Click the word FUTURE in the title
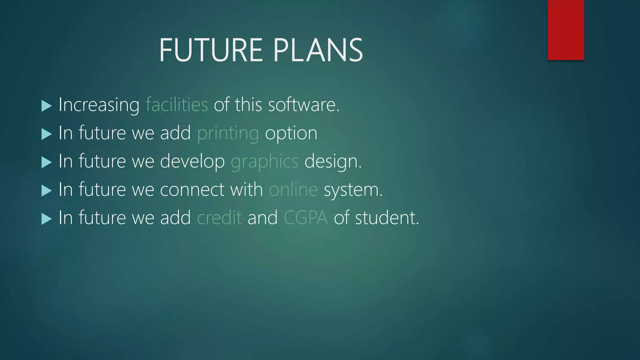pyautogui.click(x=211, y=50)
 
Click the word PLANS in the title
pyautogui.click(x=318, y=50)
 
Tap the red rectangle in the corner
pyautogui.click(x=566, y=30)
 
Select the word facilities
pyautogui.click(x=177, y=105)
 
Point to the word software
pyautogui.click(x=303, y=105)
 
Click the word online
pyautogui.click(x=293, y=190)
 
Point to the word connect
pyautogui.click(x=192, y=190)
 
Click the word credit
pyautogui.click(x=219, y=218)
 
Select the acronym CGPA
pyautogui.click(x=306, y=218)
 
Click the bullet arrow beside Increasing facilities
pyautogui.click(x=46, y=106)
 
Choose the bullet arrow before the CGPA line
pyautogui.click(x=46, y=219)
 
